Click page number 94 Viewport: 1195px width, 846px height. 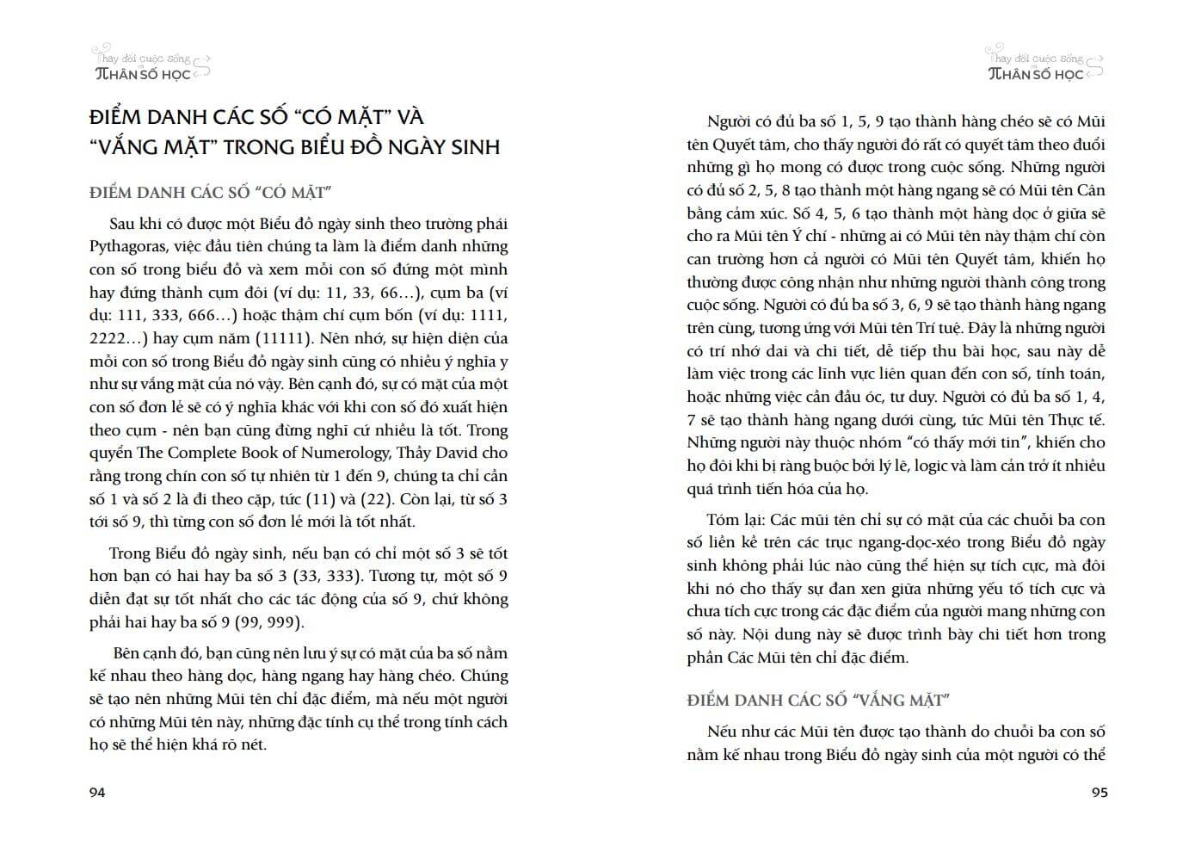[x=97, y=793]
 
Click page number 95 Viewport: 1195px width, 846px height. [x=1099, y=793]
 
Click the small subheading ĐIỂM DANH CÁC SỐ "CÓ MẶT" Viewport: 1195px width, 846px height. [x=211, y=192]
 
